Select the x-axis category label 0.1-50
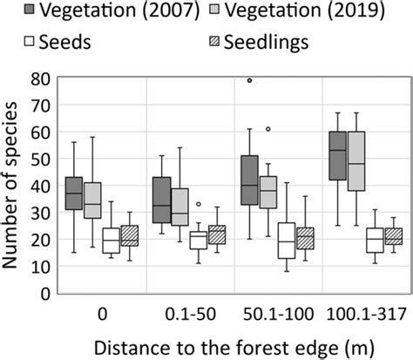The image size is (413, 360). (186, 309)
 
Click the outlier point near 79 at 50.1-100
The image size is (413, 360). (249, 80)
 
